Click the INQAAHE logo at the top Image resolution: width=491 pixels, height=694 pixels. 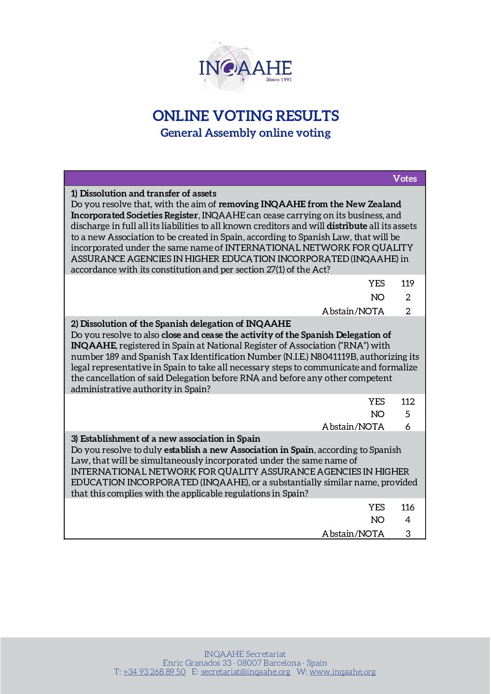[x=245, y=68]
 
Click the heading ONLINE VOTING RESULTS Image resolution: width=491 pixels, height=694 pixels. [x=245, y=116]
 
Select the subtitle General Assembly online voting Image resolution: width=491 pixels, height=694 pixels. [x=245, y=133]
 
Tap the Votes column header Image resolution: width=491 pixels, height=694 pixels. [x=405, y=178]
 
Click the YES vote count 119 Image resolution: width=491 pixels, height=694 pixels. [x=407, y=283]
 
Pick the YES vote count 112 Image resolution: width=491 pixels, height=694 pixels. [x=407, y=401]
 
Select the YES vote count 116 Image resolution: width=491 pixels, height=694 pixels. [x=407, y=507]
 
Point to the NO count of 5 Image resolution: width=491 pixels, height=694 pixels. [x=407, y=414]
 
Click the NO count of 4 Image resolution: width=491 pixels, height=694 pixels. [x=407, y=520]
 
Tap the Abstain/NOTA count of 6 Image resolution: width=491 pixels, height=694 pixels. [x=407, y=427]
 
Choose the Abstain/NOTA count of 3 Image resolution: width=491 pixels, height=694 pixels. [x=407, y=534]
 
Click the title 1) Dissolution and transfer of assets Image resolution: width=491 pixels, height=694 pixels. [x=143, y=193]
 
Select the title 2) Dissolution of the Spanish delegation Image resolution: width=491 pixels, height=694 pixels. [x=181, y=324]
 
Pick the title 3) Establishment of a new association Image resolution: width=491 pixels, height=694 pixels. [x=165, y=439]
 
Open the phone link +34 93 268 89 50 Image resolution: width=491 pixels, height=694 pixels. [x=154, y=672]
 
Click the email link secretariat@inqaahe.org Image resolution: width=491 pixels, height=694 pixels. [x=245, y=672]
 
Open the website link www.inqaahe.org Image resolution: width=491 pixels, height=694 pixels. [x=342, y=672]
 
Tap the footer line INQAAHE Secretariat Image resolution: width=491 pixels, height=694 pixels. [x=245, y=654]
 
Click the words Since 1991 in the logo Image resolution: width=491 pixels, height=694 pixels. [x=279, y=80]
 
